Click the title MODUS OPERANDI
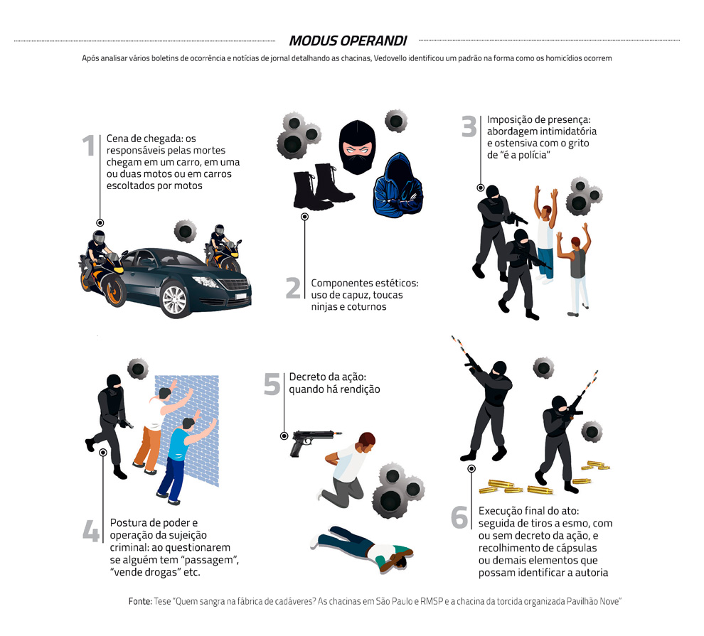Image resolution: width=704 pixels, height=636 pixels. (x=348, y=41)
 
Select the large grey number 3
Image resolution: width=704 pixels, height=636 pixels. (x=469, y=126)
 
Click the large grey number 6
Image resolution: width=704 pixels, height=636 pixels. (x=459, y=517)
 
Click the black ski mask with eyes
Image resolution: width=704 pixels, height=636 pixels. (x=357, y=146)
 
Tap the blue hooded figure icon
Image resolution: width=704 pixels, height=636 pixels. (x=398, y=185)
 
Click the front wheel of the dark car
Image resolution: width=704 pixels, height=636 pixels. (x=175, y=300)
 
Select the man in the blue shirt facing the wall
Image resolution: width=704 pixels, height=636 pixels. (x=185, y=458)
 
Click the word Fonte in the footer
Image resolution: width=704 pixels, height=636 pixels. (x=140, y=601)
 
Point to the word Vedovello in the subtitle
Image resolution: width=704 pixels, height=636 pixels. (x=390, y=58)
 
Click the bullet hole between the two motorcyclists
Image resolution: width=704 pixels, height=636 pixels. (x=185, y=232)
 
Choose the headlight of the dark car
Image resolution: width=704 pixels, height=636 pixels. (x=206, y=281)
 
